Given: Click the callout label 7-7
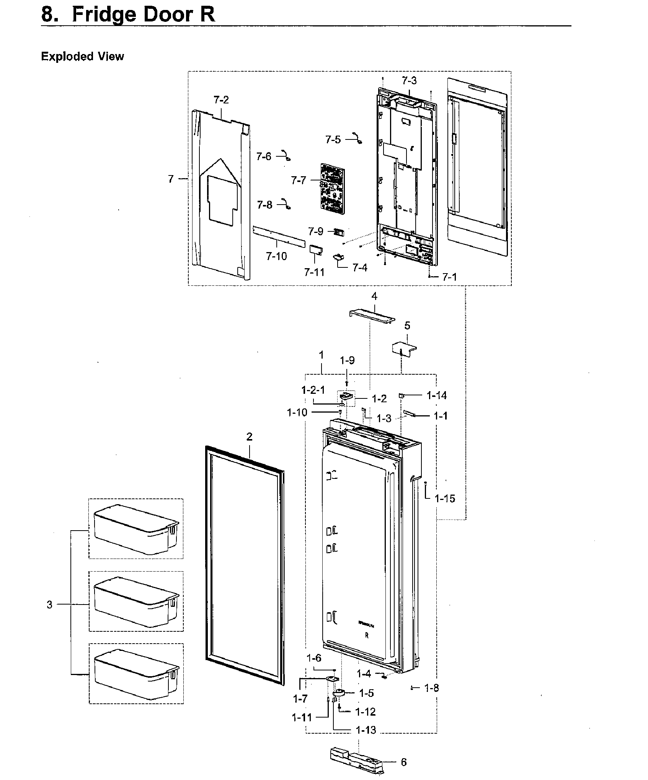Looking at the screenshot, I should click(298, 180).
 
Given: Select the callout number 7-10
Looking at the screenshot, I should click(276, 256).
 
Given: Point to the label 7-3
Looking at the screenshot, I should click(409, 81).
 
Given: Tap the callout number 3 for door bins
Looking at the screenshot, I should click(49, 605).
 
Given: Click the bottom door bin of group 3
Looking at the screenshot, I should click(136, 673).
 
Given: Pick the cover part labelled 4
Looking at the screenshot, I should click(372, 315).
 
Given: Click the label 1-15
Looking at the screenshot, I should click(445, 498).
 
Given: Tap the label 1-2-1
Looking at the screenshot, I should click(313, 390).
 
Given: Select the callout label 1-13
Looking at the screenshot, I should click(366, 730).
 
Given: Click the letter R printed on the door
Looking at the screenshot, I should click(367, 636).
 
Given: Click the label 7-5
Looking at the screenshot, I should click(333, 139).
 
